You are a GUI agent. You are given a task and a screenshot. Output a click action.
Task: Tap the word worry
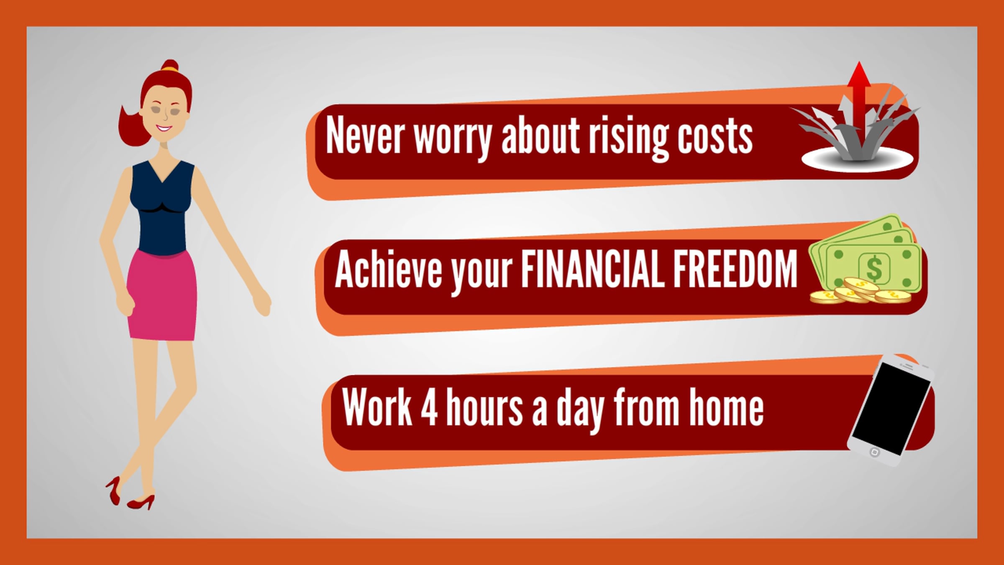pyautogui.click(x=453, y=138)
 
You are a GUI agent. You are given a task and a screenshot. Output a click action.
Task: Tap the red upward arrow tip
pyautogui.click(x=859, y=62)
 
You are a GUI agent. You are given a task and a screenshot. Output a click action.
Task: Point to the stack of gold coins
pyautogui.click(x=860, y=292)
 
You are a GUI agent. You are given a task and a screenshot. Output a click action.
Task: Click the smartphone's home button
pyautogui.click(x=874, y=452)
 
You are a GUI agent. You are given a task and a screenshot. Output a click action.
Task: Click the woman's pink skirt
pyautogui.click(x=162, y=295)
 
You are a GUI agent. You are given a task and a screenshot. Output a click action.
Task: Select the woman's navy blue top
pyautogui.click(x=162, y=208)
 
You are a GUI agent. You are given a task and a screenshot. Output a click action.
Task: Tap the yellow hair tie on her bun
pyautogui.click(x=169, y=66)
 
